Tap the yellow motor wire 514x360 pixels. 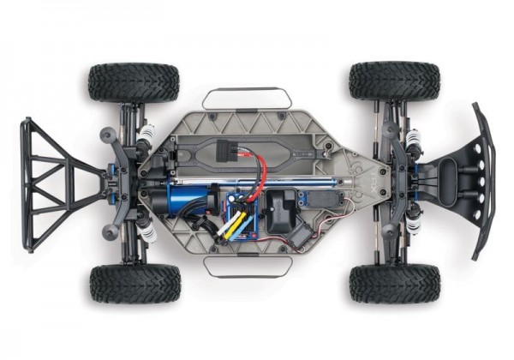tap(230, 224)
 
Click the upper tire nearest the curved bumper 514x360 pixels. tap(394, 81)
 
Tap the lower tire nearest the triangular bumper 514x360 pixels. tap(134, 284)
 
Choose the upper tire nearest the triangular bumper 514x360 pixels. tap(133, 82)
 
